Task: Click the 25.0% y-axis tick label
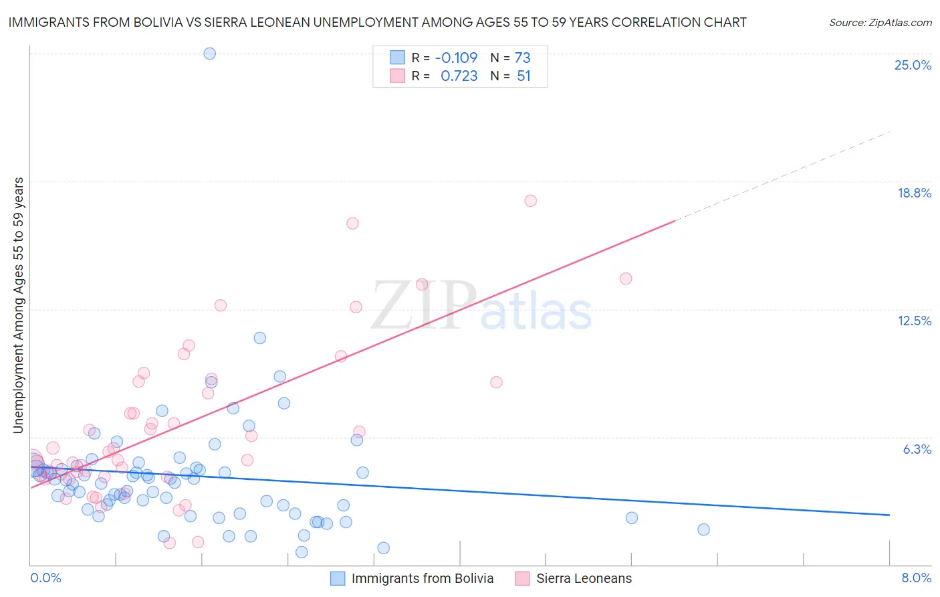click(913, 65)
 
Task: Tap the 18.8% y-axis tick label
click(914, 193)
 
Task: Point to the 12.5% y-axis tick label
click(914, 321)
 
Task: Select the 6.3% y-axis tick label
click(917, 449)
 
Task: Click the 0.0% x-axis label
click(45, 578)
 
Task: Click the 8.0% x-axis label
click(916, 578)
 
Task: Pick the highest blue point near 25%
click(209, 54)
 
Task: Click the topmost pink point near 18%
click(530, 201)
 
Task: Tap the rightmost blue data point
click(703, 529)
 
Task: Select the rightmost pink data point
click(626, 278)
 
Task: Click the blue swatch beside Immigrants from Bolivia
click(338, 578)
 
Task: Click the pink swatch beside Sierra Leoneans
click(522, 578)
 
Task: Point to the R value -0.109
click(456, 58)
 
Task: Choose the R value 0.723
click(459, 76)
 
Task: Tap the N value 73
click(522, 58)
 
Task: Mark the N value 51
click(523, 76)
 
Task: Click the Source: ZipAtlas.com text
click(880, 22)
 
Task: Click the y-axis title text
click(18, 305)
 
